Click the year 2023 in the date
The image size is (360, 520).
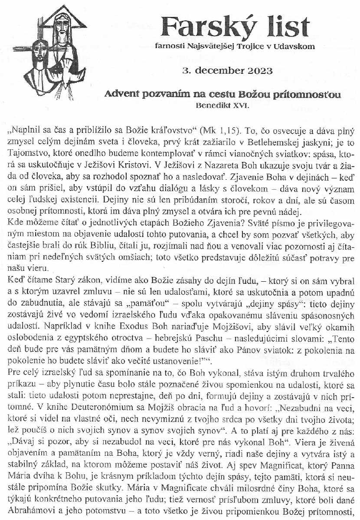(255, 71)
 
